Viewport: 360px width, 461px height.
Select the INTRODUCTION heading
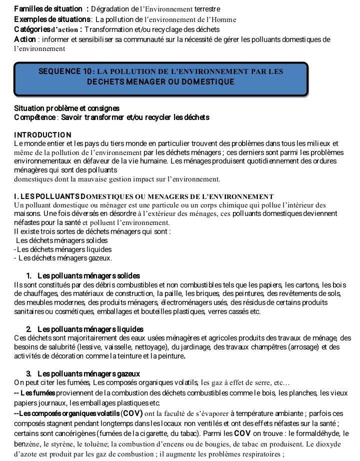pos(43,135)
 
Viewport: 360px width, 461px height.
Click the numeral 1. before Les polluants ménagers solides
pos(29,276)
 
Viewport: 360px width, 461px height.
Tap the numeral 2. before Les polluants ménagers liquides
pos(29,329)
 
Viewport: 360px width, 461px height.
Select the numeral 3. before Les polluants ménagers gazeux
pos(29,373)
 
